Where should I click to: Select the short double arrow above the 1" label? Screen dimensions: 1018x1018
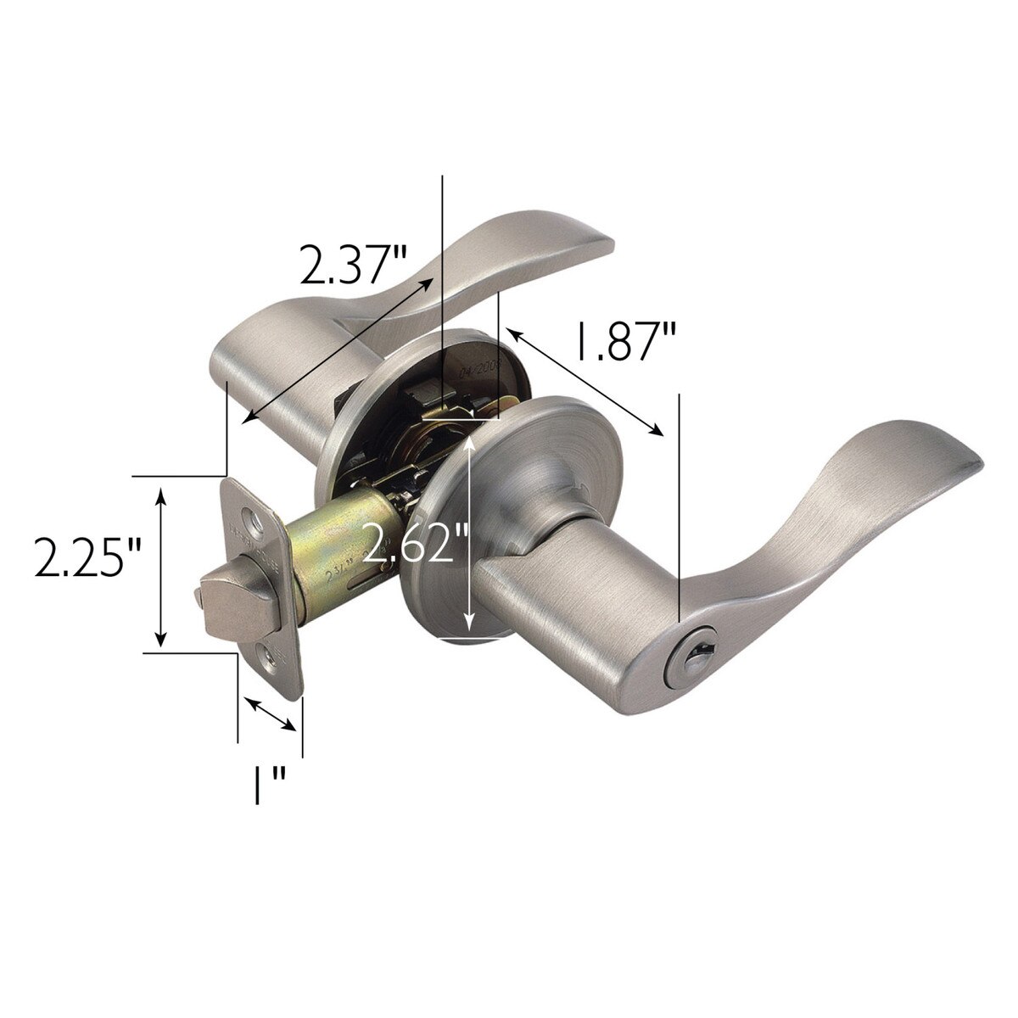tap(271, 713)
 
